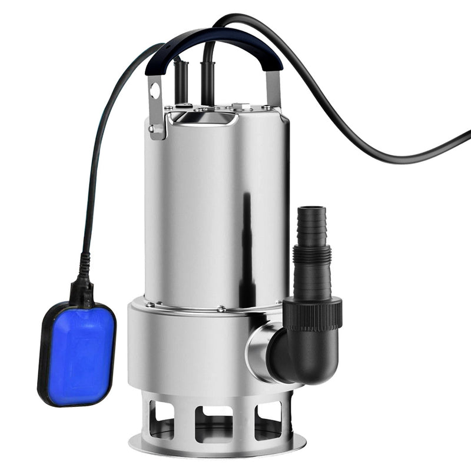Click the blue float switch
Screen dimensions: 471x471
[x=77, y=353]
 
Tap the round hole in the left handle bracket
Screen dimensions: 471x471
[x=155, y=91]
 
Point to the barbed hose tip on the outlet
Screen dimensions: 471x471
[x=311, y=224]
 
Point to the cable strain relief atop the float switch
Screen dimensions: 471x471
[x=82, y=288]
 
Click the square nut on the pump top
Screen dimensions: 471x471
[x=238, y=108]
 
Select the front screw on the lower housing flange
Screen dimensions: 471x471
[x=221, y=309]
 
